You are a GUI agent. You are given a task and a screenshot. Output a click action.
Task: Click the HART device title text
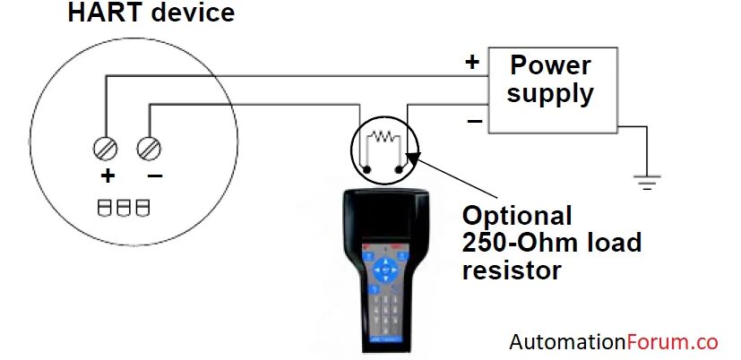(x=151, y=13)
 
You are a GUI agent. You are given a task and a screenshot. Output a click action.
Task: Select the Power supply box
(x=551, y=90)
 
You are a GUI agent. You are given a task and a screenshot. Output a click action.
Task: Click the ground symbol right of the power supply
(x=645, y=182)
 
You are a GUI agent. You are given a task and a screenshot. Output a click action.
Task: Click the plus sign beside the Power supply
(x=472, y=62)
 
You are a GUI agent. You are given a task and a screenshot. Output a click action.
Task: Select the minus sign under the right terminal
(x=154, y=176)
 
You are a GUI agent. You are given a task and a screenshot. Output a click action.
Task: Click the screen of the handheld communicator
(x=384, y=216)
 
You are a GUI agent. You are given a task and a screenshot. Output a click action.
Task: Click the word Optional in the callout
(x=517, y=217)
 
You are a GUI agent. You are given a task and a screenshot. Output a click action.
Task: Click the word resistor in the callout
(x=512, y=269)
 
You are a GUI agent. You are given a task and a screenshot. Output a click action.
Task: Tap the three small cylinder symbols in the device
(x=124, y=208)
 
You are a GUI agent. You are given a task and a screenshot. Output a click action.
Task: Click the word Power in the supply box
(x=551, y=64)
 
